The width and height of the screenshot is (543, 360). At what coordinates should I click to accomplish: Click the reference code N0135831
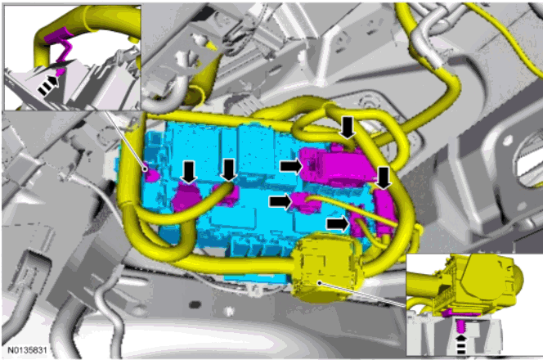tap(27, 350)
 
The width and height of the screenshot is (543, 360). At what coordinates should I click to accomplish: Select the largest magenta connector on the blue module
tap(333, 166)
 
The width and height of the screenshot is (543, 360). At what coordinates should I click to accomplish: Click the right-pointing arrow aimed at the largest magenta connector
tap(291, 166)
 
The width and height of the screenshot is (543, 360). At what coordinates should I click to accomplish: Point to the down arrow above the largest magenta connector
tap(348, 128)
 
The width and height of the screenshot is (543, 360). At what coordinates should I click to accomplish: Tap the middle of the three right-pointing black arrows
tap(280, 201)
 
